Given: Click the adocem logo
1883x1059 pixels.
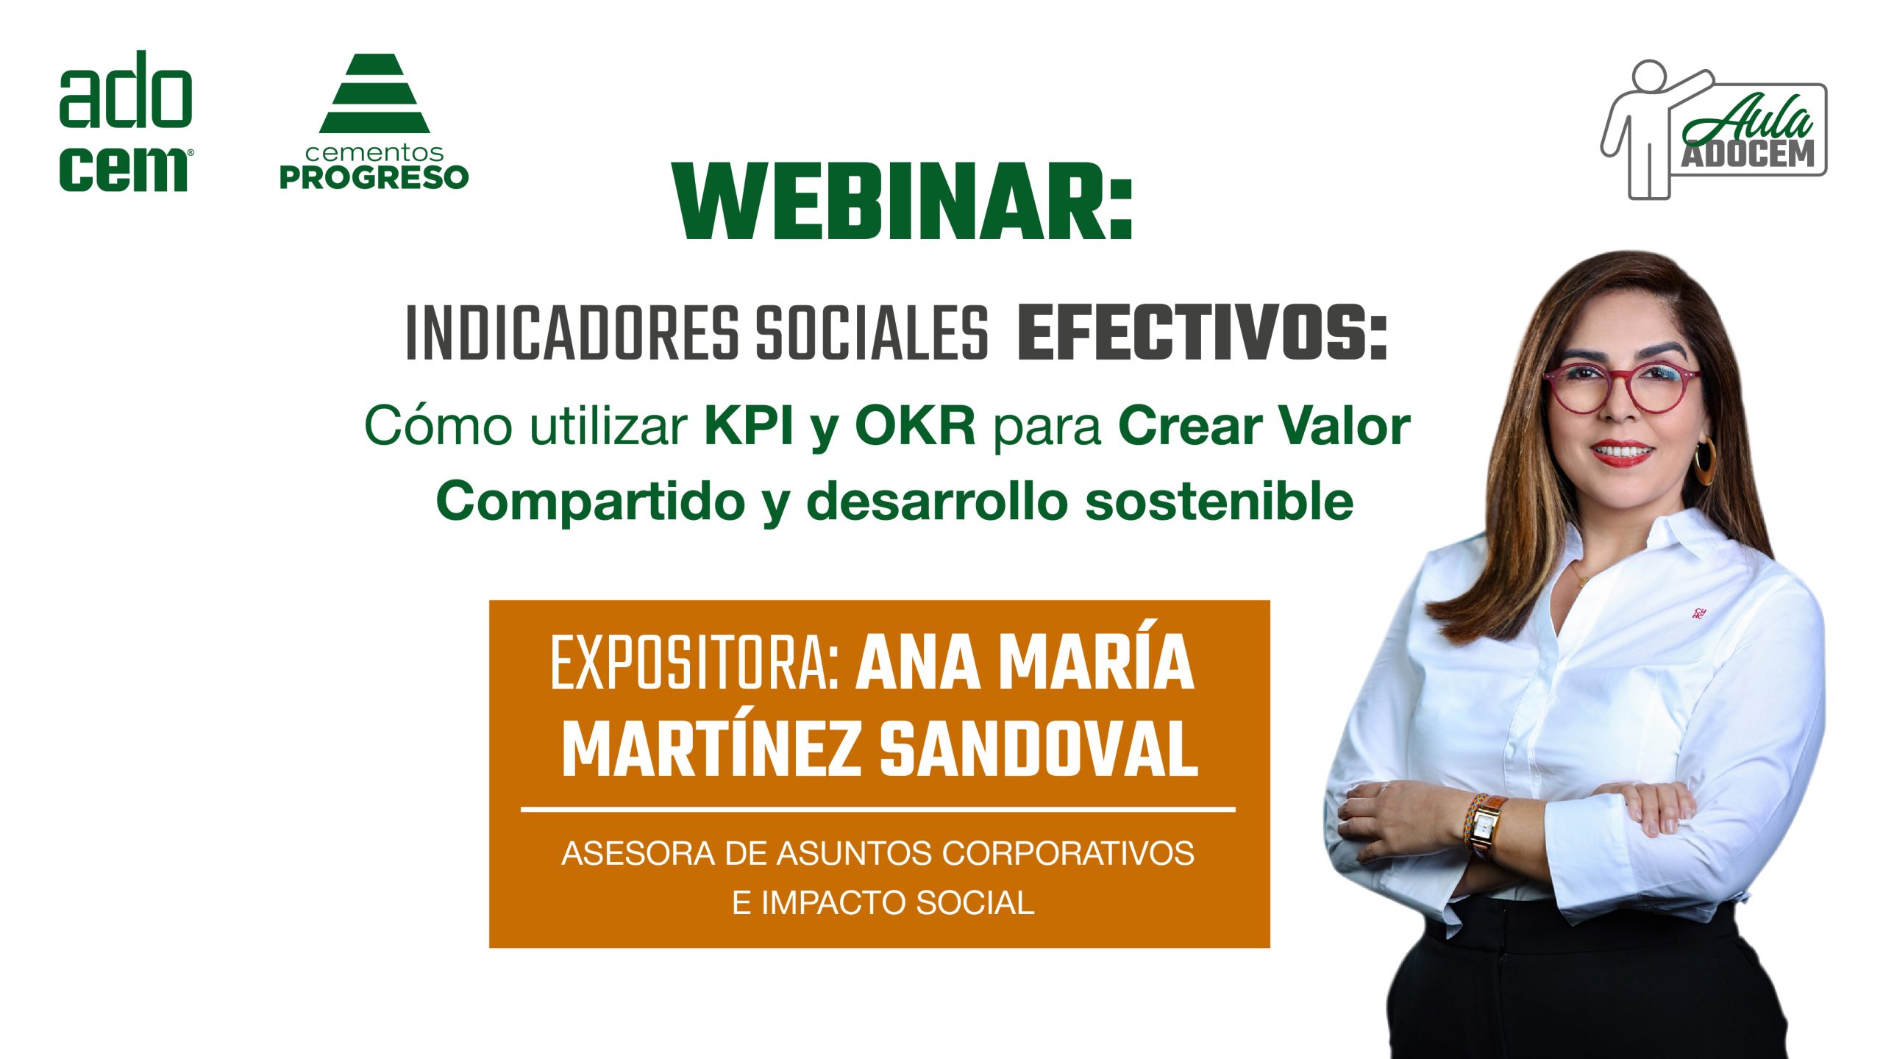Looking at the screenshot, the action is click(x=126, y=121).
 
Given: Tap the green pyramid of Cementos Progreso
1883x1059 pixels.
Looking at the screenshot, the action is click(x=374, y=93).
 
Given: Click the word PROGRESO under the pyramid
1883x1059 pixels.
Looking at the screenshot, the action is click(x=374, y=177).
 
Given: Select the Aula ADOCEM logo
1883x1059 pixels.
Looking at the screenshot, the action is click(x=1714, y=129).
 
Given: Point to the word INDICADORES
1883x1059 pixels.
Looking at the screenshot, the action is click(x=572, y=335).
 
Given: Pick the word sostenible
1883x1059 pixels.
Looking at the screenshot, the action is click(x=1220, y=502).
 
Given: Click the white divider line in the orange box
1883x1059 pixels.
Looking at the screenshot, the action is click(x=878, y=810).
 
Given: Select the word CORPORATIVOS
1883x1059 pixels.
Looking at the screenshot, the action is click(x=1068, y=854).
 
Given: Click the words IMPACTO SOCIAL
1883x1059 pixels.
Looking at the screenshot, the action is click(x=897, y=903).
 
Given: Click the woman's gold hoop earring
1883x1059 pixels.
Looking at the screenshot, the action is click(x=1704, y=460).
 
